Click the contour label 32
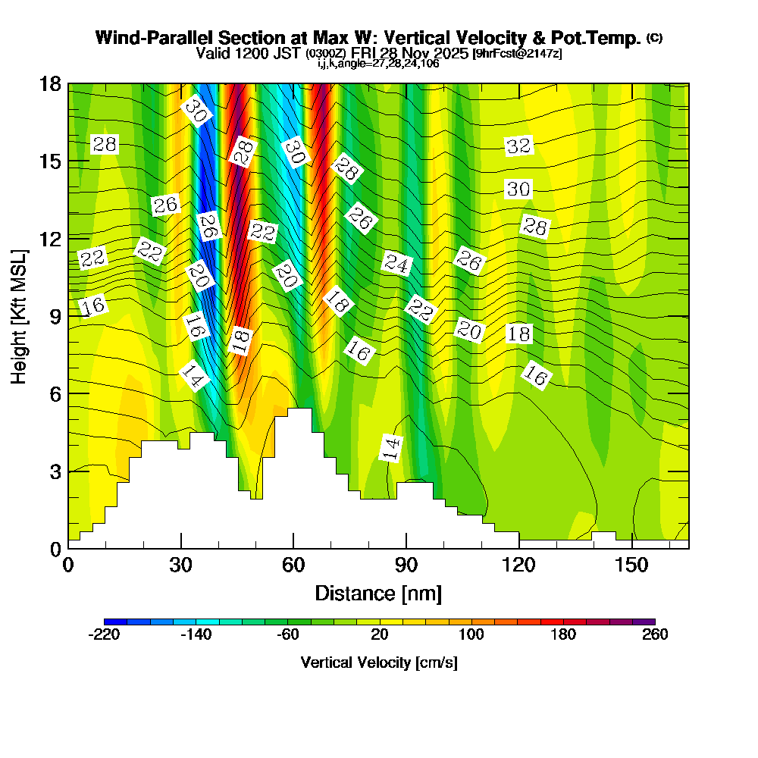(x=518, y=146)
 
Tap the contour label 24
(x=396, y=264)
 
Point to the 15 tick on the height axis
(x=49, y=161)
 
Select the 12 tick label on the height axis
(x=49, y=239)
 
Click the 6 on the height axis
(x=55, y=393)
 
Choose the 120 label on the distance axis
(x=519, y=565)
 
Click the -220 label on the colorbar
(x=104, y=634)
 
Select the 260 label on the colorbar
(x=655, y=634)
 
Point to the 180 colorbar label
(x=563, y=634)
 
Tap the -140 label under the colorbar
(x=196, y=634)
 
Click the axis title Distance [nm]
(x=377, y=592)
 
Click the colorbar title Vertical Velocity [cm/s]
(x=378, y=662)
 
